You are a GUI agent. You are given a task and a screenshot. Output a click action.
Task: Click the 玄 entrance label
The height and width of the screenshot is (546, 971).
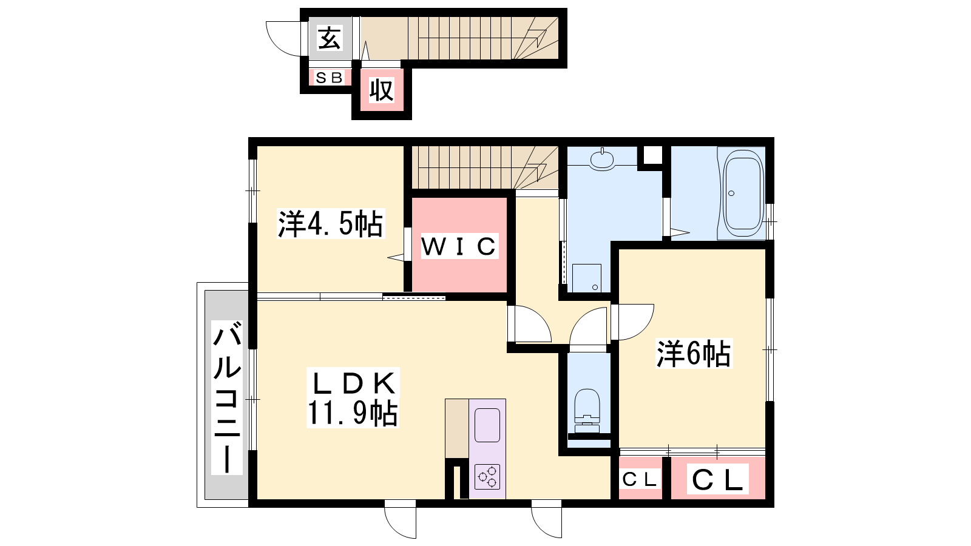(329, 38)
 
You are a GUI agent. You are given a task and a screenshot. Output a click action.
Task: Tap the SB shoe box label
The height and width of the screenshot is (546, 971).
(329, 78)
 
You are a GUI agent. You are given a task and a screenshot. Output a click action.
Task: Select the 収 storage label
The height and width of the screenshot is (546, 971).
(382, 90)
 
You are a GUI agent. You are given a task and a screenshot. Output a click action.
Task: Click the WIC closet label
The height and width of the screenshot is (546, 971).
(459, 246)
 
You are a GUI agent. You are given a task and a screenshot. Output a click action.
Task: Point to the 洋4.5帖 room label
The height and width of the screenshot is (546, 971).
(330, 224)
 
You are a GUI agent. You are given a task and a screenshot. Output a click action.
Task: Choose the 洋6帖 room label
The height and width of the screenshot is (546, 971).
(694, 353)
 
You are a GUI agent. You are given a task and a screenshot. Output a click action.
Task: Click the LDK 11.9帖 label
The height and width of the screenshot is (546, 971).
(352, 398)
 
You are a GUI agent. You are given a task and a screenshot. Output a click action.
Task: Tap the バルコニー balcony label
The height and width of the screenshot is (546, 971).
(227, 397)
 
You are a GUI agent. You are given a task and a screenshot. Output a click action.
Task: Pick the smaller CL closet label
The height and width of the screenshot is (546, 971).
(640, 479)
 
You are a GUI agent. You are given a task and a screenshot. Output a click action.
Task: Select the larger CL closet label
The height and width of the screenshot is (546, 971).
(717, 479)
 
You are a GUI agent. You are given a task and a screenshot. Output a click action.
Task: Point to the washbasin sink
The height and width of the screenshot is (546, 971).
(602, 160)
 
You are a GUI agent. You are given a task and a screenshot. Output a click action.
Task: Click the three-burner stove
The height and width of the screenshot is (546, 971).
(488, 476)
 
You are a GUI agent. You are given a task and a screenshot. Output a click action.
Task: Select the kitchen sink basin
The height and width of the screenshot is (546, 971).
(487, 425)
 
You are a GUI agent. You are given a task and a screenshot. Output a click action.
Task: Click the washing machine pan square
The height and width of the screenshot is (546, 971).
(586, 278)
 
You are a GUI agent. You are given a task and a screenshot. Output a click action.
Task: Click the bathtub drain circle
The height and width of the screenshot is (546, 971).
(731, 194)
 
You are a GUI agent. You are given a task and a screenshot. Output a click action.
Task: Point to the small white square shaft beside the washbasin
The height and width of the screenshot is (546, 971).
(652, 155)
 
